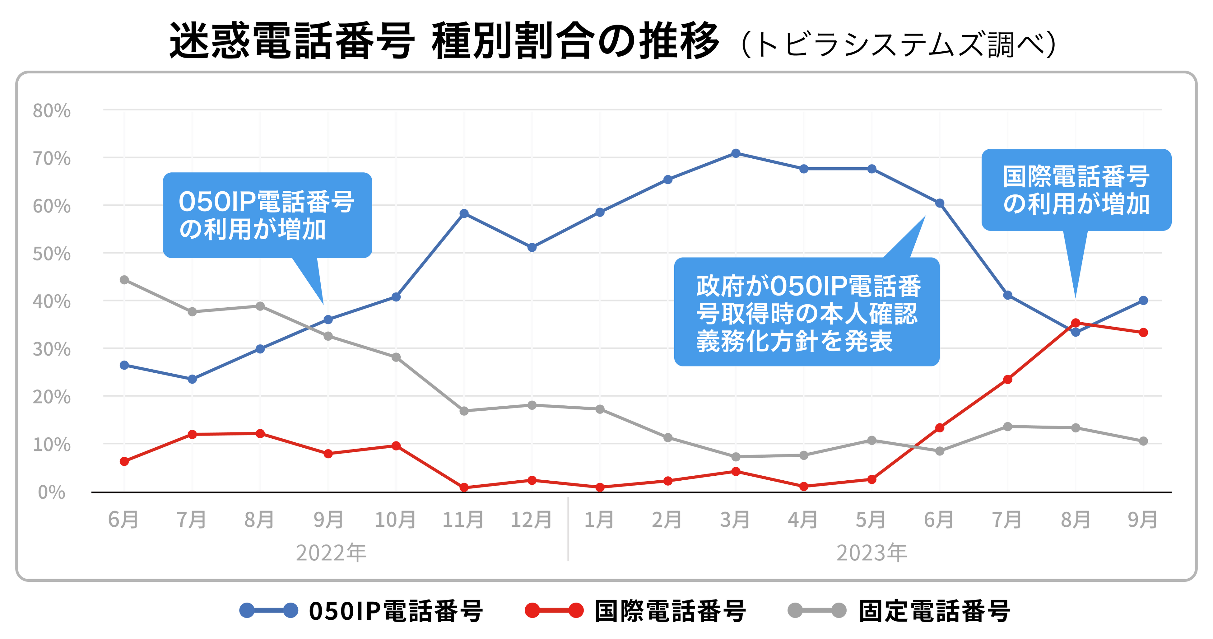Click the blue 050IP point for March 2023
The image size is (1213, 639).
[736, 153]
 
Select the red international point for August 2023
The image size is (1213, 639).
[1076, 323]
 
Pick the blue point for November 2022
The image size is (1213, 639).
[464, 214]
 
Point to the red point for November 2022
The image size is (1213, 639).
[464, 487]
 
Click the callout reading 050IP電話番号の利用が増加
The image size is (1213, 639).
[267, 215]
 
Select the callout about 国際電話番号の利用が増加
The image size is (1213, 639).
[1076, 190]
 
